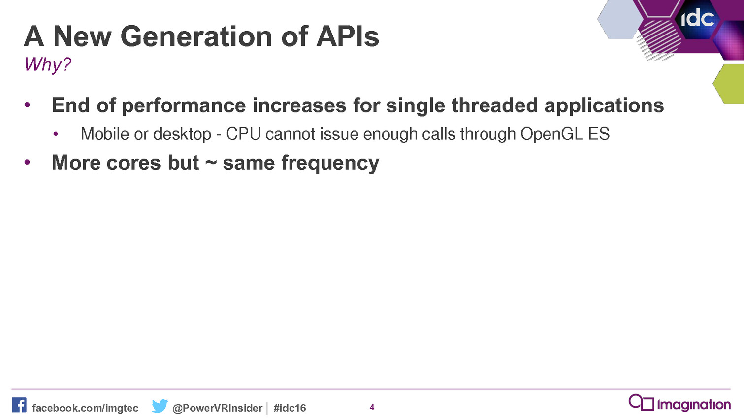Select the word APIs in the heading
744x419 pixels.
[348, 36]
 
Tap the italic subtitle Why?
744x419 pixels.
[47, 65]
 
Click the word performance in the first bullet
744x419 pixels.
[184, 106]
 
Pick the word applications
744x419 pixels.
[604, 106]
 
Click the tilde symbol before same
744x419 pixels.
[211, 163]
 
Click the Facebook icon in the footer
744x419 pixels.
[19, 405]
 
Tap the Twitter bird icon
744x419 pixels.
[160, 406]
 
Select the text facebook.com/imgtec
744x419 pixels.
[85, 408]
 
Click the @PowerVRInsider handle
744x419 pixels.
[218, 408]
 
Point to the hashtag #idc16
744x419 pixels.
[290, 408]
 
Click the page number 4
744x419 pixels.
[372, 407]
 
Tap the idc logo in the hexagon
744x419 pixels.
[698, 19]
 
